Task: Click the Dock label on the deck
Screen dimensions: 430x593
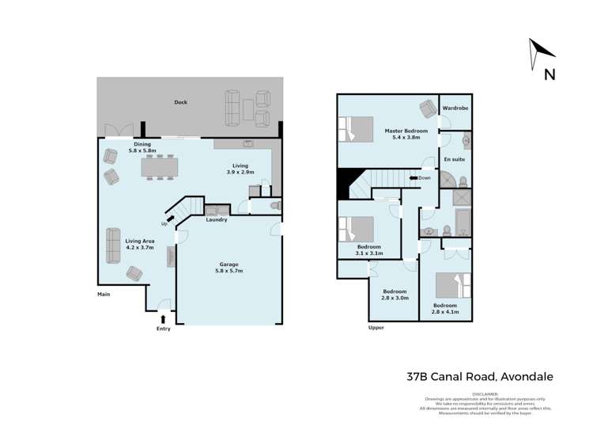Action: (x=180, y=102)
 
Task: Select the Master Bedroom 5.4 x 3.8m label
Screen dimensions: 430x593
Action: (x=406, y=134)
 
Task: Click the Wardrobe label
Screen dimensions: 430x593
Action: (x=455, y=108)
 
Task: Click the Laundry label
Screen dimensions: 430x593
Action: (x=216, y=219)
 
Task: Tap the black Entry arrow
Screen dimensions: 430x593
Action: (x=163, y=318)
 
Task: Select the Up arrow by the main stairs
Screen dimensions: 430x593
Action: (x=170, y=219)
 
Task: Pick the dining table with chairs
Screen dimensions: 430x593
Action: (x=159, y=167)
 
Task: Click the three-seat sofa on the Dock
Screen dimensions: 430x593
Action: (x=232, y=108)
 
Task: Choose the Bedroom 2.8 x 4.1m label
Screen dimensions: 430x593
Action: (x=444, y=309)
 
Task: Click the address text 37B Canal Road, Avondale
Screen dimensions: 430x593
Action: (x=469, y=377)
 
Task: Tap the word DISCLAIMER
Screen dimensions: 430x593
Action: (x=485, y=394)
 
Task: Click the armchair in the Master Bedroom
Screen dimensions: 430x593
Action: (x=427, y=108)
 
